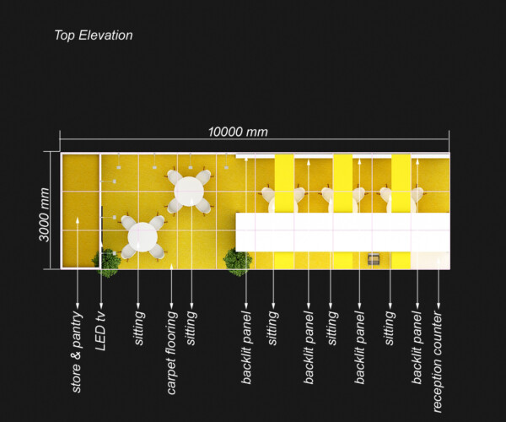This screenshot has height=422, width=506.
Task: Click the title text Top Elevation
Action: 93,35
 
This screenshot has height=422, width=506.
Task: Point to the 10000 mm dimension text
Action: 239,132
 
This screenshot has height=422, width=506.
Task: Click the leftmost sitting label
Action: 139,329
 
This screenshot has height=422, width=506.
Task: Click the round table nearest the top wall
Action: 189,192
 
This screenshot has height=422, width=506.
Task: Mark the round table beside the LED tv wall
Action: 142,237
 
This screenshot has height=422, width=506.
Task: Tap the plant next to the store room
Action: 108,262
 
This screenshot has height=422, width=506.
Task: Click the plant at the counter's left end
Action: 238,261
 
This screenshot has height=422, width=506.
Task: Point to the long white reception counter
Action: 342,231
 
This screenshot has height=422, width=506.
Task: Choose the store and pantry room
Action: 80,211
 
